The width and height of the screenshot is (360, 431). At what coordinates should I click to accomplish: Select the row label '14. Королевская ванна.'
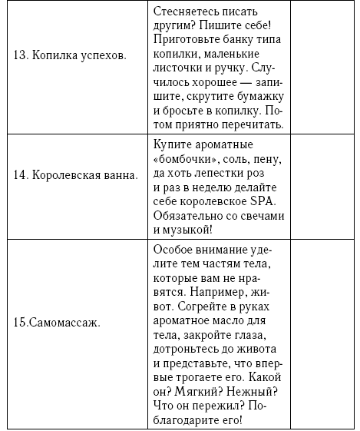[x=75, y=174]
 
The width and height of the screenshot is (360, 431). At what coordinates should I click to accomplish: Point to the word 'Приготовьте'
[x=187, y=41]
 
